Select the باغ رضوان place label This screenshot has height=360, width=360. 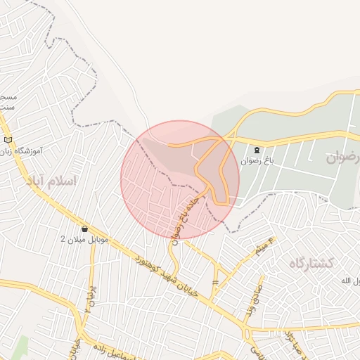tap(257, 161)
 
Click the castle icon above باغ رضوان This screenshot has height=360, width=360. tap(257, 150)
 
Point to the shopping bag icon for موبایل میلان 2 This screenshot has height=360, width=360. tap(85, 229)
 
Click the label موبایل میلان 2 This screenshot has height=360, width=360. tap(85, 240)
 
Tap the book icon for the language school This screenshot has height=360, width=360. tap(8, 141)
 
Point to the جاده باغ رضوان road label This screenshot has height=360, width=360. tap(188, 214)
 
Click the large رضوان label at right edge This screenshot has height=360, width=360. tap(343, 157)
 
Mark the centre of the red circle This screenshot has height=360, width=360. tap(180, 180)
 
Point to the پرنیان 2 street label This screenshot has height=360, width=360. tap(89, 300)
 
